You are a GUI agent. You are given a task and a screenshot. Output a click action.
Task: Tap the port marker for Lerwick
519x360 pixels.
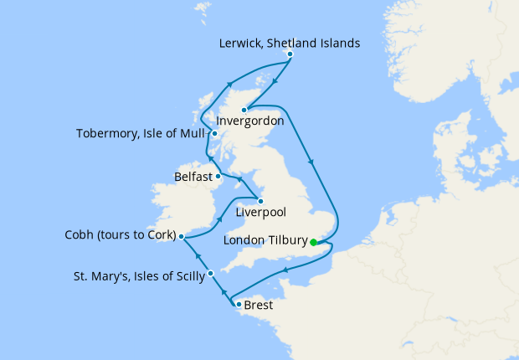pos(290,55)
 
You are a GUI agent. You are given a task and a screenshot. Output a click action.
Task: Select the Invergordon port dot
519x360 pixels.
pos(244,110)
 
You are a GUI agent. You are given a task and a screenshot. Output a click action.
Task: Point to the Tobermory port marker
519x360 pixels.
pos(215,133)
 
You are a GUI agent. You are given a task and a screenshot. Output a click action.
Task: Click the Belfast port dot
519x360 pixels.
pos(218,176)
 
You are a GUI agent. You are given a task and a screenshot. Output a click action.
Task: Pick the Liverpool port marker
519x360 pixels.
pos(260,201)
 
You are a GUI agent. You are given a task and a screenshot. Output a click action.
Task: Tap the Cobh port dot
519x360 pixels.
pos(181,237)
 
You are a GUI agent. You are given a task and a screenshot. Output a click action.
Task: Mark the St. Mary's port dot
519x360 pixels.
pos(211,273)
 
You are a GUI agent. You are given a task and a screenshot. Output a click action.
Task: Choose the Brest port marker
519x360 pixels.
pos(239,304)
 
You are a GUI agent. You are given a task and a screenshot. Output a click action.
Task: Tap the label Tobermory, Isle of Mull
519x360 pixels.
pos(141,133)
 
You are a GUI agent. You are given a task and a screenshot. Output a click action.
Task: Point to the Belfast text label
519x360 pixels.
pos(193,177)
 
